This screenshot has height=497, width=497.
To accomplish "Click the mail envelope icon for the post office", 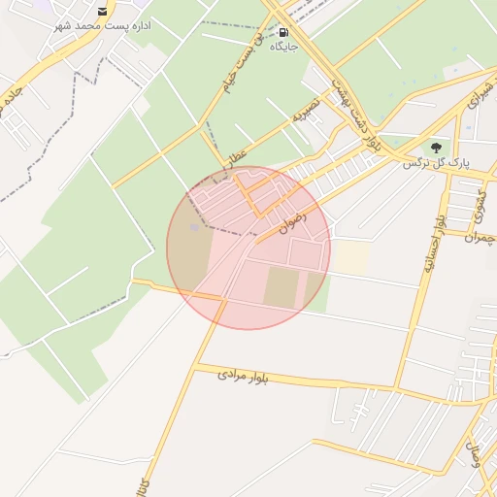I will click(103, 11).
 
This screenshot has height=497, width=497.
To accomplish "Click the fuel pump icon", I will click(282, 31).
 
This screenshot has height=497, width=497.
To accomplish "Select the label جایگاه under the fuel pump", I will click(282, 46).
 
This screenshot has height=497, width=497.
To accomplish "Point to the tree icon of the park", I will click(434, 148).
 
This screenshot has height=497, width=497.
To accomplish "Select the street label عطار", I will click(239, 152).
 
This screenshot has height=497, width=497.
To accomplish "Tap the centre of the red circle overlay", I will click(248, 248).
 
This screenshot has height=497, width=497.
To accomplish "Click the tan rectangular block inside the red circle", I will click(282, 288).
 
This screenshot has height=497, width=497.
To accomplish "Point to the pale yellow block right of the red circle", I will click(351, 257).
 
